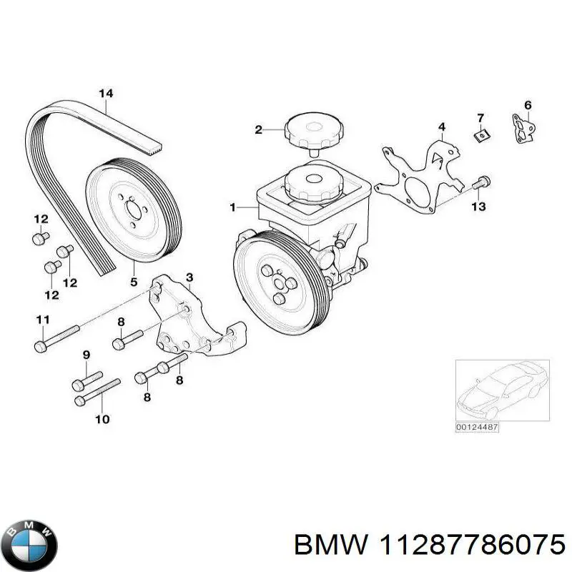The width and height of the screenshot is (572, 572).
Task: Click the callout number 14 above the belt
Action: tap(106, 93)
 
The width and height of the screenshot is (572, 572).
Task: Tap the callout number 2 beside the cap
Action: tap(259, 129)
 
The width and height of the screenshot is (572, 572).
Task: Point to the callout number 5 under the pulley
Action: tap(134, 283)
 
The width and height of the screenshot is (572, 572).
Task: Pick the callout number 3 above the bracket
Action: tap(189, 277)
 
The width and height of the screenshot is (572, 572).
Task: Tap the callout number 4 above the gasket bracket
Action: tap(442, 127)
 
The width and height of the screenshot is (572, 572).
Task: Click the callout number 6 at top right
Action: tap(528, 106)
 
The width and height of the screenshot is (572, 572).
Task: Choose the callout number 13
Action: tap(478, 207)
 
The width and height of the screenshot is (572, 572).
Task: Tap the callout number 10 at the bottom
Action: tap(102, 419)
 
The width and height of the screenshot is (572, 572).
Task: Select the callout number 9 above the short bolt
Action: tap(87, 355)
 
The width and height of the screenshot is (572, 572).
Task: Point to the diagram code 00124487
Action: tap(476, 428)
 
